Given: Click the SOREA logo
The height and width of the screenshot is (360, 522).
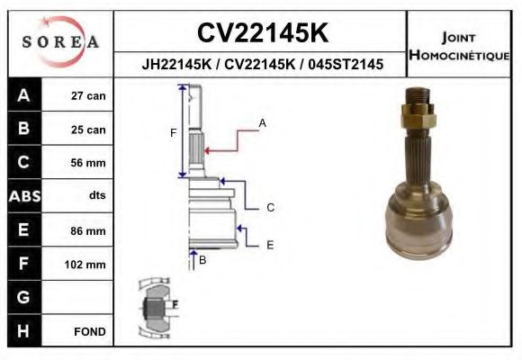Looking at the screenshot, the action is click(x=60, y=41).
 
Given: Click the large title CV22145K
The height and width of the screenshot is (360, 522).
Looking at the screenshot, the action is click(x=263, y=32).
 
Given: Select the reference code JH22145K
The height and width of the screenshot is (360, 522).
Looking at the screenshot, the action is click(x=176, y=64).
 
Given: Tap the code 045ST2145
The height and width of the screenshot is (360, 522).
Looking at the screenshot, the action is click(x=346, y=64).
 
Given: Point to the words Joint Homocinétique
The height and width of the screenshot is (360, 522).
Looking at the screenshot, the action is click(x=459, y=46).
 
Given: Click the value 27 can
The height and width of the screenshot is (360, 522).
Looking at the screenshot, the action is click(x=88, y=96).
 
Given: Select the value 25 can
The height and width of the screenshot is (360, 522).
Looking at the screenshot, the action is click(x=88, y=130).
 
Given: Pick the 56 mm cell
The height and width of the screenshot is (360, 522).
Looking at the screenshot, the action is click(x=88, y=163).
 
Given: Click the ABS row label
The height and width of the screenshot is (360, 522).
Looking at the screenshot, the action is click(x=24, y=196).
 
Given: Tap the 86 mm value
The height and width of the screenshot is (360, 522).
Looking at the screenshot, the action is click(x=88, y=230).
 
